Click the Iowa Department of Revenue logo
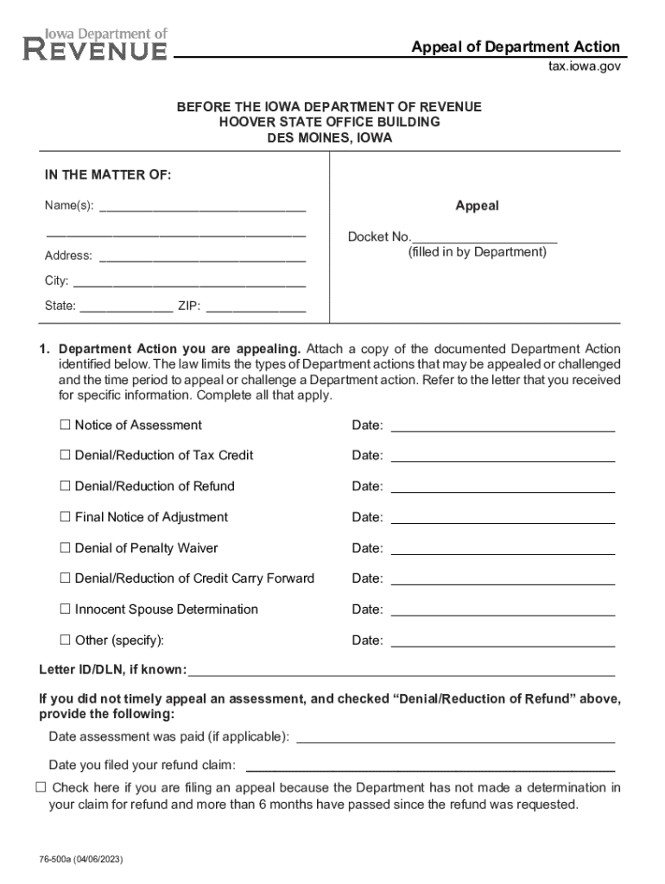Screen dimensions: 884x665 [95, 44]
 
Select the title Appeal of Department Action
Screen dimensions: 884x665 [515, 47]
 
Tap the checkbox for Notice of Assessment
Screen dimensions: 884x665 [65, 425]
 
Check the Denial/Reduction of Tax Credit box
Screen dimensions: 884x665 [65, 455]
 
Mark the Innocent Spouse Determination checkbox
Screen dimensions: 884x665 [65, 609]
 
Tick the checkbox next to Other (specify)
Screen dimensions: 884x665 [65, 641]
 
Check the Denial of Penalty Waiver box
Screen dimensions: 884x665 [65, 548]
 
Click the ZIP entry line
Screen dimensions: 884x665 [255, 306]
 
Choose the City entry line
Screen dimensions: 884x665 [189, 281]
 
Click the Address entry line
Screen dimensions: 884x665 [202, 256]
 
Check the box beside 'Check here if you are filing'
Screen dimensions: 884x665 [41, 787]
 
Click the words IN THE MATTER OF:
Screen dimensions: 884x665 [108, 175]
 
